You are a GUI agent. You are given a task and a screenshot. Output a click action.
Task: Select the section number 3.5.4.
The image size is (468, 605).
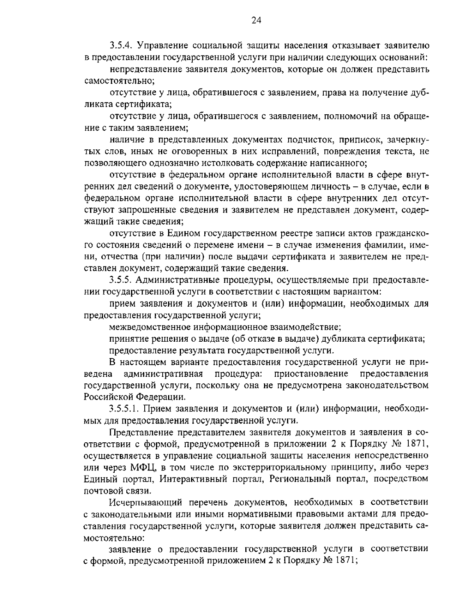tap(122, 46)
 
